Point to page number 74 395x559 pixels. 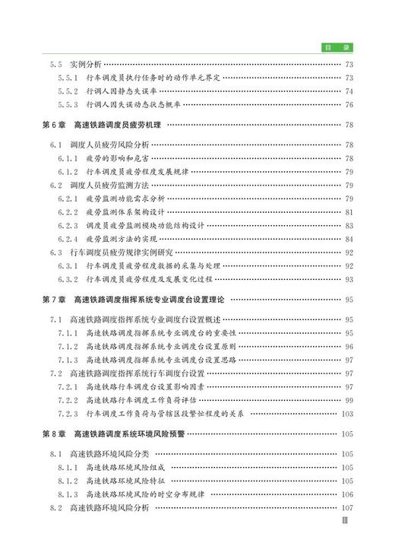(349, 91)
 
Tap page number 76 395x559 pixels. (349, 105)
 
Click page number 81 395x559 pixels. (349, 212)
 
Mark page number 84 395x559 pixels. (349, 240)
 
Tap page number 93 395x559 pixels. (349, 280)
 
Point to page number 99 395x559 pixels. (349, 401)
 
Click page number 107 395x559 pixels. (347, 508)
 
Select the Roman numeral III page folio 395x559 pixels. (346, 523)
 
